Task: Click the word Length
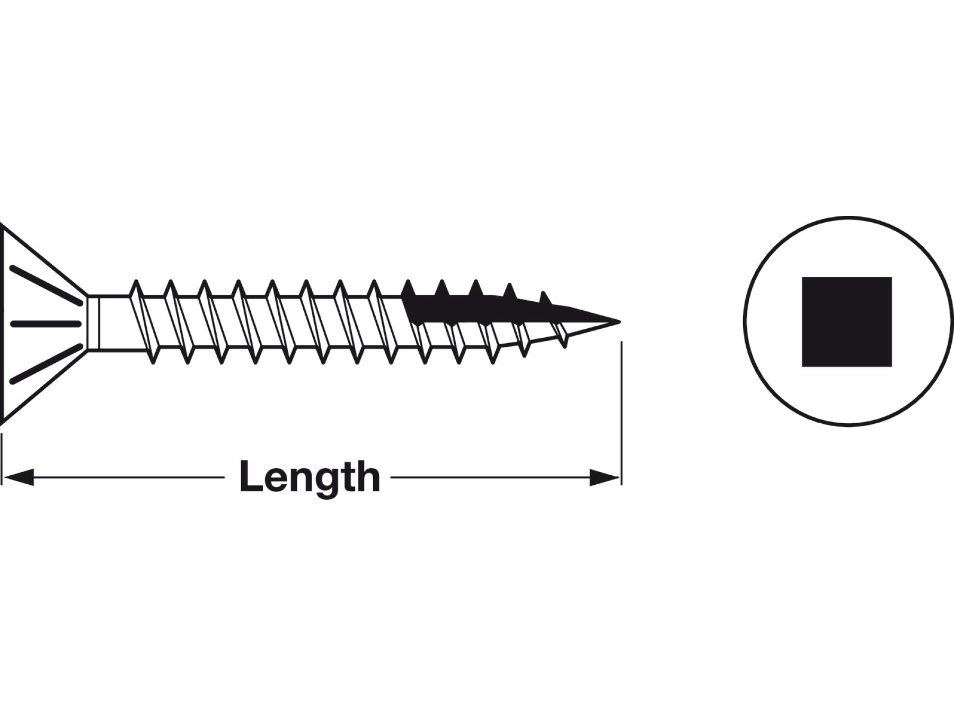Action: tap(310, 478)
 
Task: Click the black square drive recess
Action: tap(847, 321)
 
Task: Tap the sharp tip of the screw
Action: tap(620, 321)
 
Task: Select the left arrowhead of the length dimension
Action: tap(19, 477)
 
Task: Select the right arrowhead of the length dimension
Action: tap(604, 477)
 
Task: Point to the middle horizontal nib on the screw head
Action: tap(46, 324)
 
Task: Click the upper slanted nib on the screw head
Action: tap(46, 286)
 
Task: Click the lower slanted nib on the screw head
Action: tap(46, 364)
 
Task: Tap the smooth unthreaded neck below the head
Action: tap(109, 323)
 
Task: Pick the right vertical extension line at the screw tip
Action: tap(621, 413)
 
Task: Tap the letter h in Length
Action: tap(368, 476)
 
